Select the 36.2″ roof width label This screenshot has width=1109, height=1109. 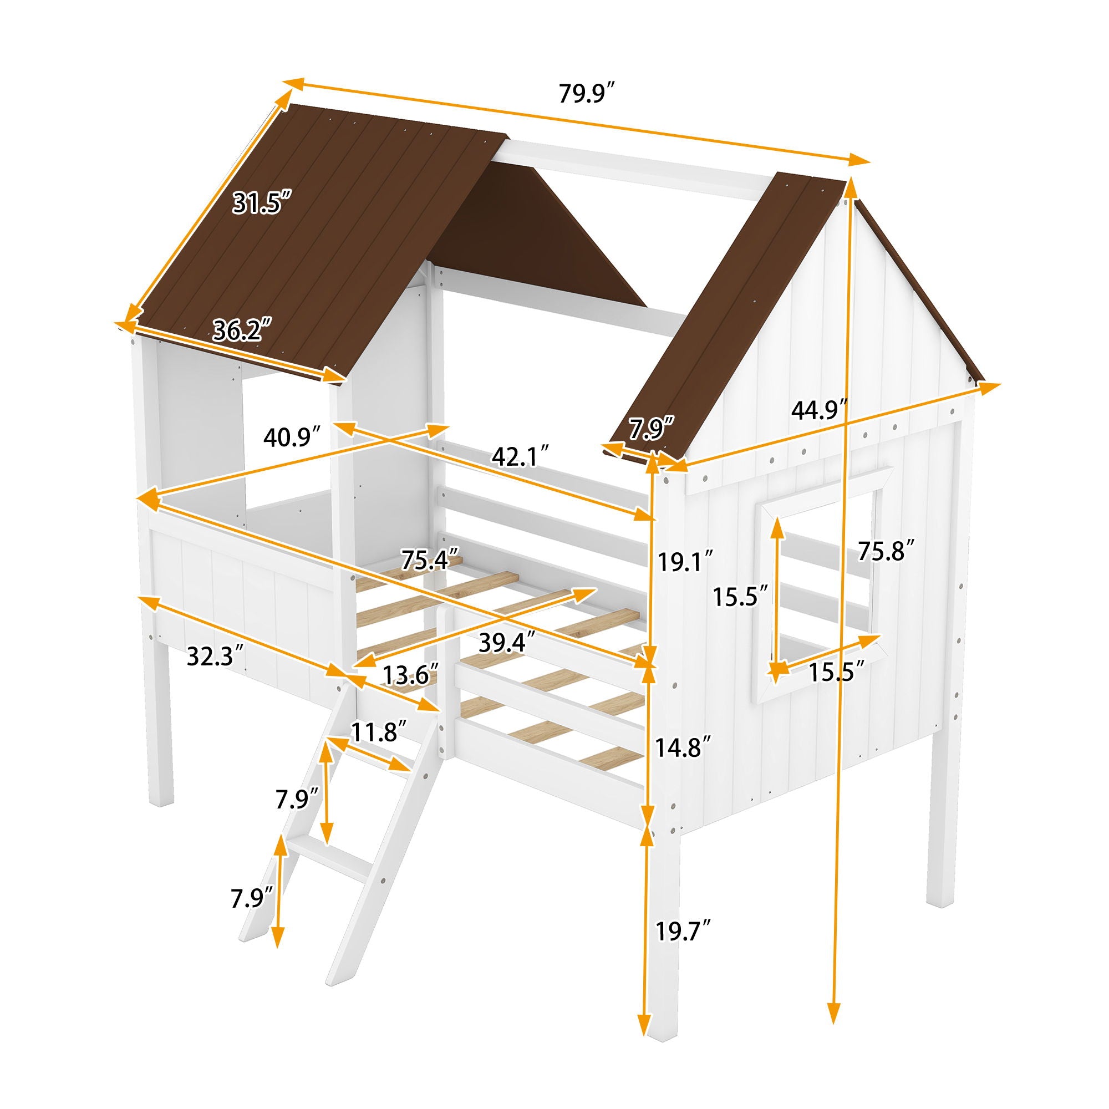241,331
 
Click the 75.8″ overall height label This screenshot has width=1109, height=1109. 886,551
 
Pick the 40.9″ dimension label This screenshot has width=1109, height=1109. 292,438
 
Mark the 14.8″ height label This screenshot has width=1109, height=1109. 685,747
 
